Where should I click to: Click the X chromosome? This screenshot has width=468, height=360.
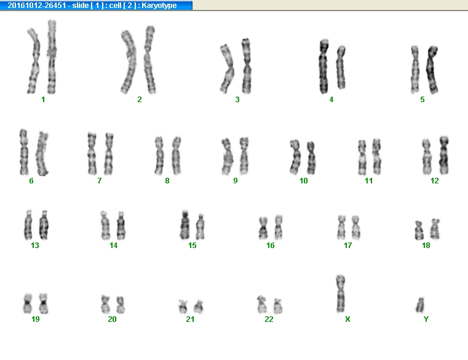(340, 294)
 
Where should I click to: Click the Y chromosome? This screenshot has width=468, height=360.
(420, 305)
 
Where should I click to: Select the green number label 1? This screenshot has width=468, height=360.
(43, 100)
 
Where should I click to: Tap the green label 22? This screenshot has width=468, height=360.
(269, 319)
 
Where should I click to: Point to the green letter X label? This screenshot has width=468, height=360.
(347, 319)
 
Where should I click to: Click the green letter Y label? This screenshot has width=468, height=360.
(426, 319)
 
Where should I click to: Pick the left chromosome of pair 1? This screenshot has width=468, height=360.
(34, 61)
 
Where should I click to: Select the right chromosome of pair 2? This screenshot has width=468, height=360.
(149, 60)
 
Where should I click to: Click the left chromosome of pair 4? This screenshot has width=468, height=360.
(324, 66)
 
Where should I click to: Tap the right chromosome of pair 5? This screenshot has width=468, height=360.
(432, 70)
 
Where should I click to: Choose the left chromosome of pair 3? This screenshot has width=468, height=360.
(227, 69)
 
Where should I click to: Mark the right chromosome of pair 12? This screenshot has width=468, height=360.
(444, 155)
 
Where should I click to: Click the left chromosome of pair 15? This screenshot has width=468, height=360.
(184, 225)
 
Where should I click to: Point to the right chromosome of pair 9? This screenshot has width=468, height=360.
(244, 156)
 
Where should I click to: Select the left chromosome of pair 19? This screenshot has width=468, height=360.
(28, 303)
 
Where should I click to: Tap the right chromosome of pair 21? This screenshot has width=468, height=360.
(199, 307)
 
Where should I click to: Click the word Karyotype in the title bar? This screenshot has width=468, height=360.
(159, 6)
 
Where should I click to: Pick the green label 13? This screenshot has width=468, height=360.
(35, 246)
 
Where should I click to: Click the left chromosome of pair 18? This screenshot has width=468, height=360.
(419, 230)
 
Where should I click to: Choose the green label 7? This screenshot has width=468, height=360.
(100, 181)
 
